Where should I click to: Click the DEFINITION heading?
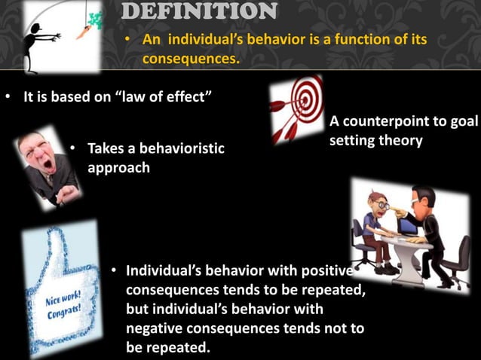tap(199, 11)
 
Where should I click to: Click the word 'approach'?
tap(118, 167)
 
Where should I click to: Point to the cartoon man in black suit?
tap(425, 226)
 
